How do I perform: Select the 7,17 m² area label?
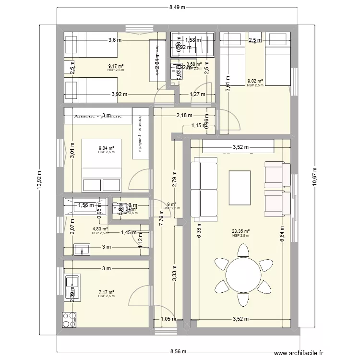(106, 292)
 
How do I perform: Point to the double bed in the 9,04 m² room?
(100, 166)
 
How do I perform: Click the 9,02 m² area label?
(254, 81)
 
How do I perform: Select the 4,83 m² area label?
(100, 229)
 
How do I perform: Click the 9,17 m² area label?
(116, 66)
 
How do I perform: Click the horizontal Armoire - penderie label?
(98, 116)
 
